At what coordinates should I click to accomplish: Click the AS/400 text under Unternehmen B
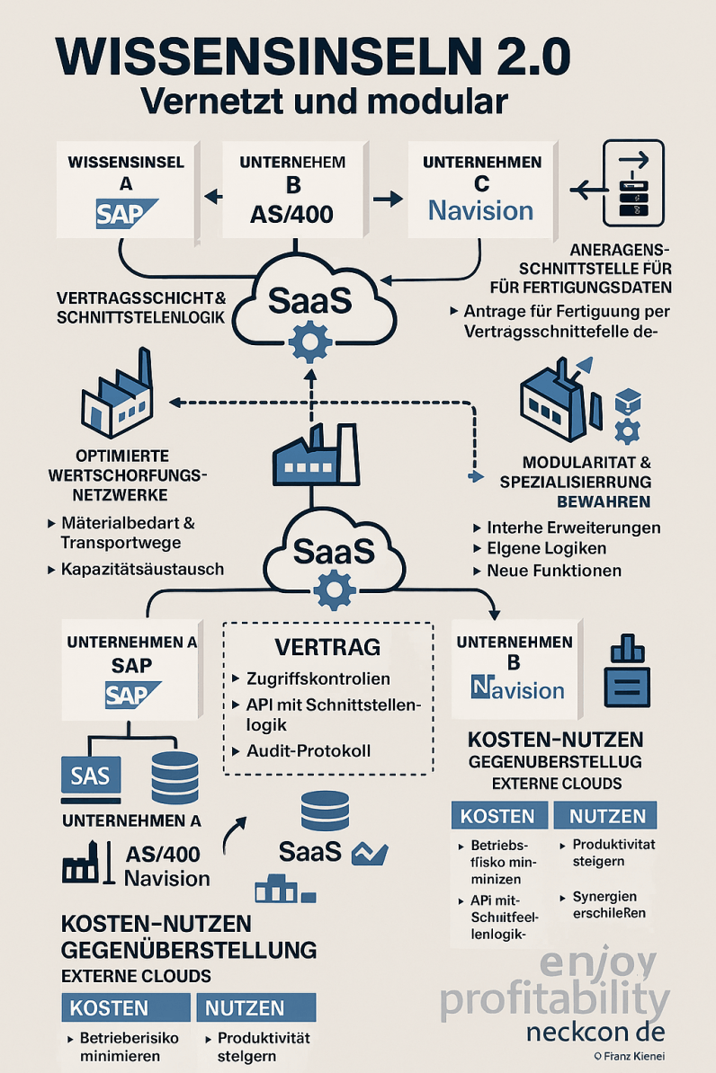(291, 214)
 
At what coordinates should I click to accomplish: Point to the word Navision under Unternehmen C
(480, 210)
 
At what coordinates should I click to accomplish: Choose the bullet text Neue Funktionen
(553, 570)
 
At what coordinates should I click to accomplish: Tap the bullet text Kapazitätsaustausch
(142, 569)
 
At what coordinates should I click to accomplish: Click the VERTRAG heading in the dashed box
(327, 647)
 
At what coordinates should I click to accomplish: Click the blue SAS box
(91, 776)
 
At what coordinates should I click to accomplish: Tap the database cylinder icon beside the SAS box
(175, 776)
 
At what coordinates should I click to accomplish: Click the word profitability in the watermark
(554, 1000)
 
